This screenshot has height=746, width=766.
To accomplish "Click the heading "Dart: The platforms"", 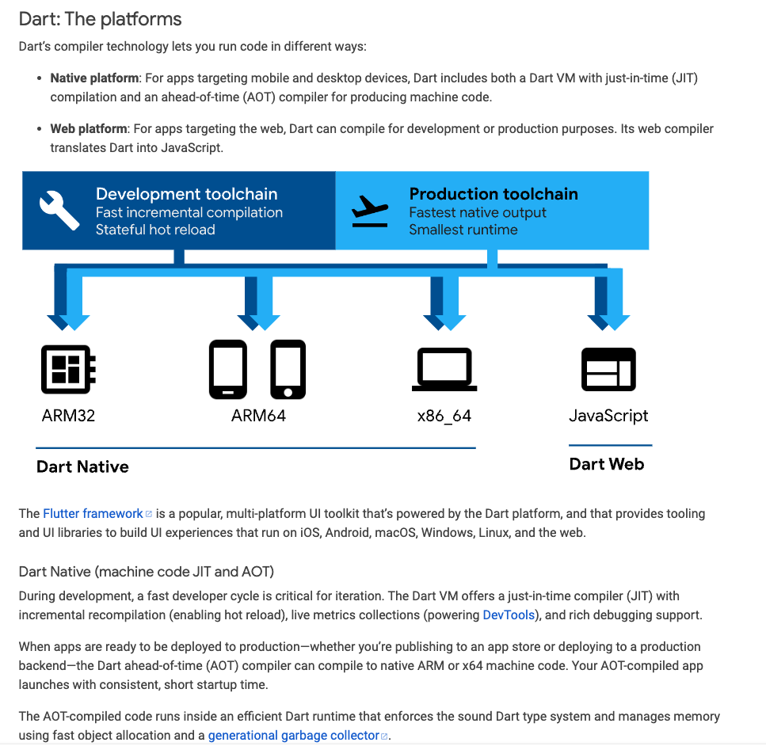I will (100, 19).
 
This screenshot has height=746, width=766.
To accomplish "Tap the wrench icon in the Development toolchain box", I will (59, 210).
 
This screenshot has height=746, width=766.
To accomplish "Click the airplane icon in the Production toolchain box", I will (369, 209).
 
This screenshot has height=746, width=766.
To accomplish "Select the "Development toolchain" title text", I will (187, 194).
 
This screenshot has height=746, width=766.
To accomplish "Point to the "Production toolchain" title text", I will (493, 194).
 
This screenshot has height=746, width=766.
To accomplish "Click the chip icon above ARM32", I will (68, 369).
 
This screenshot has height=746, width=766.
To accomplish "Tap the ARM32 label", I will (68, 416).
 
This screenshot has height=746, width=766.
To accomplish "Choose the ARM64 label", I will (258, 416).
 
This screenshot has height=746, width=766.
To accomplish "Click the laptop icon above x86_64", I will (444, 370).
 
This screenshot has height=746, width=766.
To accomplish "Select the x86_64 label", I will (444, 417).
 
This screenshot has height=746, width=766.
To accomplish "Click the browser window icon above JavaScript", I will (608, 369).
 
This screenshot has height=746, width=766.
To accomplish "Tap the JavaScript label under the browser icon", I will (608, 416).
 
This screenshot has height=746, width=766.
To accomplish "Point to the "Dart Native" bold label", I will (82, 467).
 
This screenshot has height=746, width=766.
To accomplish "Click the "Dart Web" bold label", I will (607, 465).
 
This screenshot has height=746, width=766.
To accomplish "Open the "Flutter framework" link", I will (93, 514).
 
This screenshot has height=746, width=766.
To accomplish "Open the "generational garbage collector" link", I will (293, 736).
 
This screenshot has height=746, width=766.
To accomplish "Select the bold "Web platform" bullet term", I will (89, 128).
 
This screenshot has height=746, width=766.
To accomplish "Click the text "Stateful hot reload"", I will (155, 230).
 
